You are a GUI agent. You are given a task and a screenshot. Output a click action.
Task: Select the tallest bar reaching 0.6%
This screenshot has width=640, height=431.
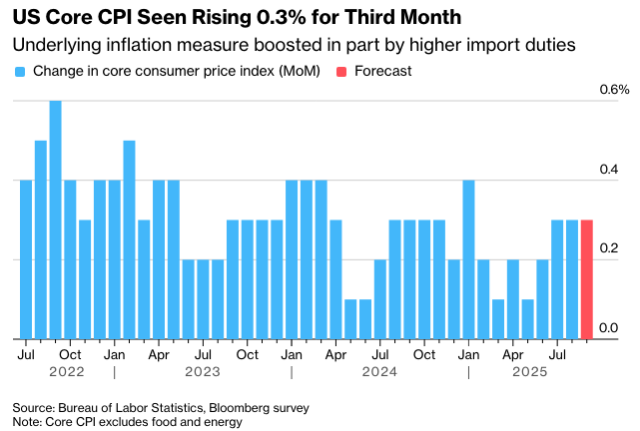click(x=56, y=219)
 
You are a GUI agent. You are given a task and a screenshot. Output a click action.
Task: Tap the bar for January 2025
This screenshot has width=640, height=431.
click(x=469, y=259)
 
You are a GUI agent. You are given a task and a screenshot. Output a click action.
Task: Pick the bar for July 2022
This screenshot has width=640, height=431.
click(x=26, y=259)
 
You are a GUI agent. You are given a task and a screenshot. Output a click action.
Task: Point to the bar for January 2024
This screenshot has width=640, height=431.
click(x=292, y=259)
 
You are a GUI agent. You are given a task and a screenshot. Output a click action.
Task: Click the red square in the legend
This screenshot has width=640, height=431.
click(x=341, y=72)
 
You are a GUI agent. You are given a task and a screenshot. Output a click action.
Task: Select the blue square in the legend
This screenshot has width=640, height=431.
click(x=19, y=72)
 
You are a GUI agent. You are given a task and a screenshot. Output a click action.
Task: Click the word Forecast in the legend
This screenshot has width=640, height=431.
click(x=382, y=72)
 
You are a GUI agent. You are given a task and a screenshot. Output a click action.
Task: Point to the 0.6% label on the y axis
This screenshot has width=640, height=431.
click(x=614, y=90)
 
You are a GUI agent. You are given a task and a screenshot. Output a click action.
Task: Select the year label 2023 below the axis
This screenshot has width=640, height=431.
click(x=203, y=372)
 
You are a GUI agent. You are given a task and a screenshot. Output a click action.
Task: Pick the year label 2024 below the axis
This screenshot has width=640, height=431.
click(x=379, y=372)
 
